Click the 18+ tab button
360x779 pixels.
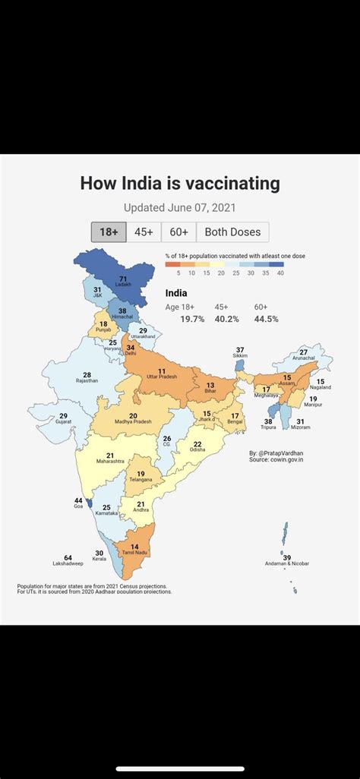pos(109,232)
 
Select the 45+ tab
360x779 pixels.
pos(144,232)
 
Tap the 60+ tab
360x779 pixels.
pos(178,232)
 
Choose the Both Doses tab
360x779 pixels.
pos(232,232)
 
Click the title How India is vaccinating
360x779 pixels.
pos(180,184)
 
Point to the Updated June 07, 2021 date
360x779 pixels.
pos(180,207)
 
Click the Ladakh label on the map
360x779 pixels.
pos(123,285)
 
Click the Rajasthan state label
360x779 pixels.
pos(87,380)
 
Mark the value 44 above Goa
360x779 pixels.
pos(78,500)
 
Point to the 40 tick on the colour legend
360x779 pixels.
pos(280,272)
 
